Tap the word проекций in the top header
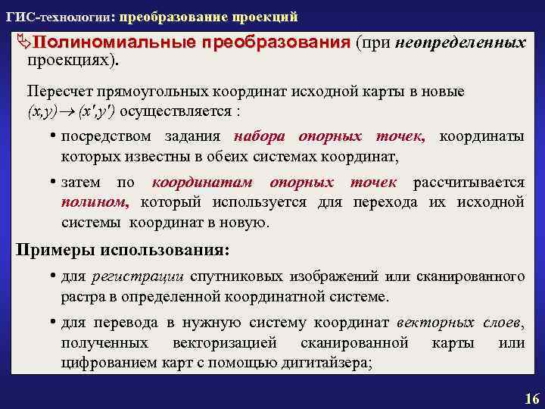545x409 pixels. (x=267, y=17)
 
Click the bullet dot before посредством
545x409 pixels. (x=54, y=137)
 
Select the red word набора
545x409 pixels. (x=259, y=137)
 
